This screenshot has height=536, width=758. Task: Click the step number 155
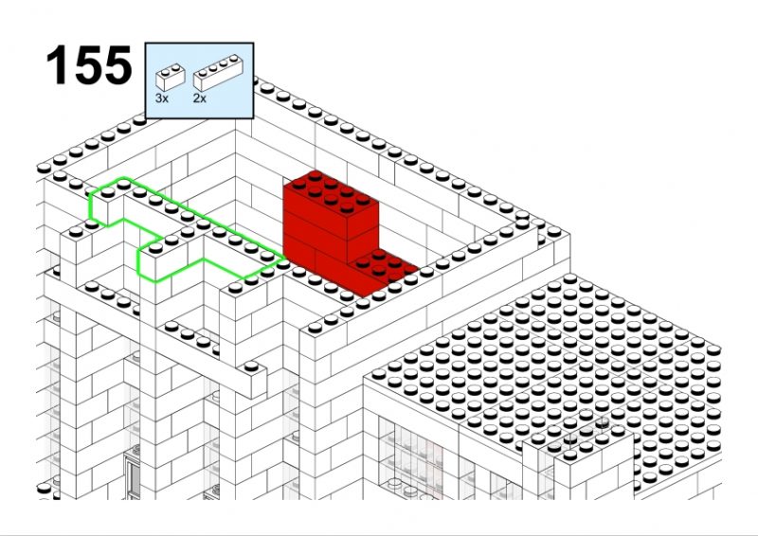[x=88, y=64]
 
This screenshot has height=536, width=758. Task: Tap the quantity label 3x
[x=161, y=98]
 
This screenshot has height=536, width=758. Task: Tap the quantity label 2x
[x=200, y=98]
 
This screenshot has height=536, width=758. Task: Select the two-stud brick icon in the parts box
[x=171, y=77]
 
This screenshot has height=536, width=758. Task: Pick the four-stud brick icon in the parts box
[x=218, y=72]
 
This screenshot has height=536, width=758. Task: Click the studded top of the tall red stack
[x=331, y=192]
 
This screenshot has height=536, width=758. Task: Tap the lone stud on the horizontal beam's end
[x=251, y=366]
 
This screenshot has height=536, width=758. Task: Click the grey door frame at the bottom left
[x=132, y=476]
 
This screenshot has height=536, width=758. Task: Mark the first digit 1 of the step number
[x=56, y=65]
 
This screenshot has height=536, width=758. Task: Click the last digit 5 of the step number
[x=117, y=65]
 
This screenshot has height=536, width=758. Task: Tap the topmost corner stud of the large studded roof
[x=570, y=278]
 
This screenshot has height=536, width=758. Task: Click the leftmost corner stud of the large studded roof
[x=379, y=374]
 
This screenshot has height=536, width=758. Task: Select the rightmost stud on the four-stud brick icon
[x=235, y=59]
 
